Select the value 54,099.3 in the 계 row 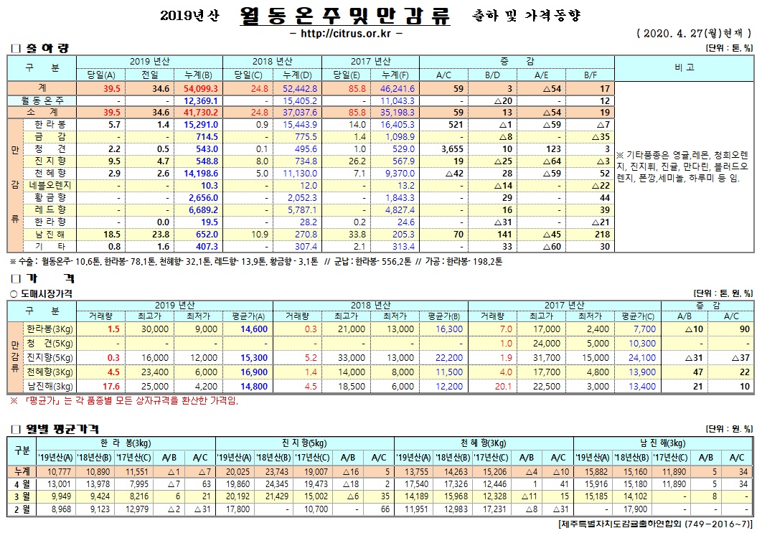(201, 88)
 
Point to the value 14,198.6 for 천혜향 (201, 173)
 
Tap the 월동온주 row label (44, 100)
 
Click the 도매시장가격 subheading (46, 293)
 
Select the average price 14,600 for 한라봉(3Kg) (255, 329)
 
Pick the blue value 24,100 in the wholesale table (641, 357)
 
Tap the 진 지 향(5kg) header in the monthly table (304, 442)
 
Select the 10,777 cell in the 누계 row (59, 471)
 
